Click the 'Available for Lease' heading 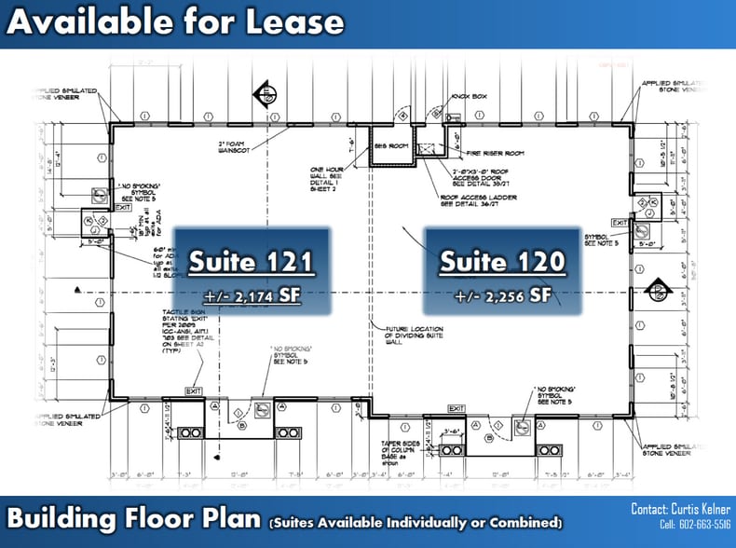[x=175, y=22]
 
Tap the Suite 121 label [x=251, y=262]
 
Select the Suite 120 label [x=502, y=262]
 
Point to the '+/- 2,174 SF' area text [x=251, y=297]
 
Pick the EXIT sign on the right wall [x=619, y=223]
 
